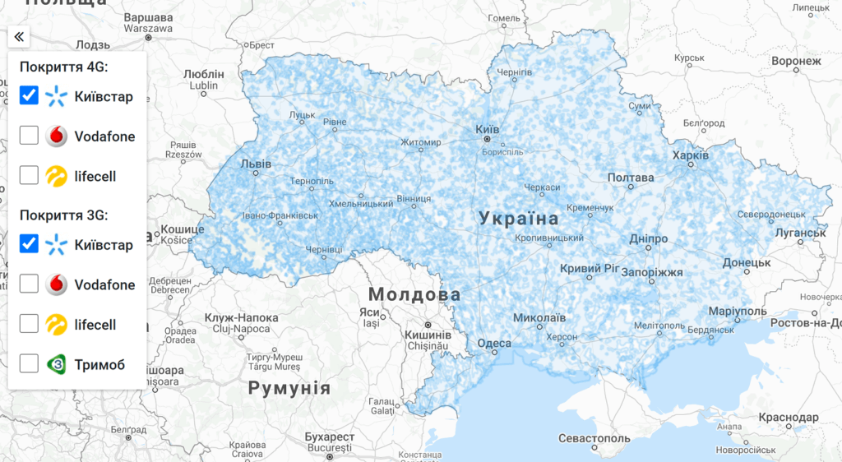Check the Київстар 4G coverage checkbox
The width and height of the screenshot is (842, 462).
[x=29, y=95]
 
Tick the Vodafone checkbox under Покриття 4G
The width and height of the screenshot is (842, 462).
[x=29, y=136]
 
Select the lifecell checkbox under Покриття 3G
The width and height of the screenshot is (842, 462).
[x=29, y=324]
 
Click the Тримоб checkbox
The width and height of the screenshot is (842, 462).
[x=29, y=363]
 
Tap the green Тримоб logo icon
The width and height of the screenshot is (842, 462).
[x=56, y=363]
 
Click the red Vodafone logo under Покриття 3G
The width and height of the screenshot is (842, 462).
[x=56, y=284]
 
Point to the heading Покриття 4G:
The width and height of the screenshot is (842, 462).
[x=64, y=67]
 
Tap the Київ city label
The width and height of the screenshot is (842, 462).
[x=488, y=130]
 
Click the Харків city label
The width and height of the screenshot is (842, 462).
[x=691, y=155]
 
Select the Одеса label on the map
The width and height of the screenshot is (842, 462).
[x=494, y=344]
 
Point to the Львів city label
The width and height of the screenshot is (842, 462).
[x=255, y=164]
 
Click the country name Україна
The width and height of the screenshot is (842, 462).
[x=519, y=219]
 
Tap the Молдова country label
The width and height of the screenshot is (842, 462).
[x=414, y=294]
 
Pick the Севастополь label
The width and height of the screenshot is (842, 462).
[x=594, y=438]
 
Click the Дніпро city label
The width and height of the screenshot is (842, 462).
[x=648, y=238]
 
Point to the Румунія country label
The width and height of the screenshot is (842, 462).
[x=289, y=388]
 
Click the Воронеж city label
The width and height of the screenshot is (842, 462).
[x=796, y=61]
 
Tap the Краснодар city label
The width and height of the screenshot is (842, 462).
[x=789, y=418]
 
